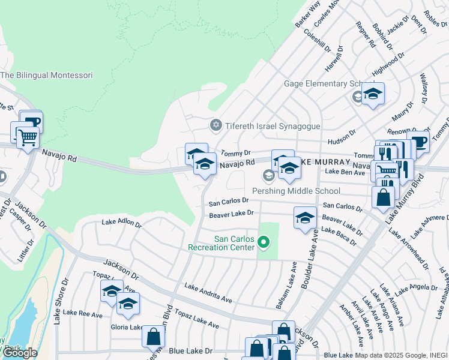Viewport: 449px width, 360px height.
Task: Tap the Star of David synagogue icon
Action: coord(215,125)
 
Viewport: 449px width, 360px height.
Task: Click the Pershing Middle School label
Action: coord(296,191)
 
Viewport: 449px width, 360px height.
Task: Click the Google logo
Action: coord(19,353)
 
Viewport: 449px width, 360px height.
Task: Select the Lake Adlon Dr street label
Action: coord(121,223)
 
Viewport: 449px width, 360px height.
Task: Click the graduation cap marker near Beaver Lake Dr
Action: coord(305,218)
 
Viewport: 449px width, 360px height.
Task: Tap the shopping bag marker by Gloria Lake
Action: coord(153,337)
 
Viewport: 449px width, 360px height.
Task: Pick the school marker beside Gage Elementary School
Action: coord(372,94)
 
